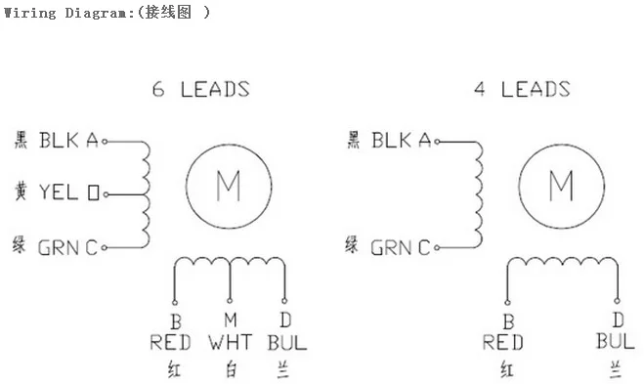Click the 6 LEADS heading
(200, 90)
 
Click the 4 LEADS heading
(522, 90)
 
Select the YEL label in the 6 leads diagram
(58, 192)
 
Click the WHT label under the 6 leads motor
(230, 343)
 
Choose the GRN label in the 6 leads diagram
(60, 247)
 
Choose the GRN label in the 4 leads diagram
(392, 247)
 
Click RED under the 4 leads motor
(503, 343)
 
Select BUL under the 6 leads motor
(285, 343)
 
